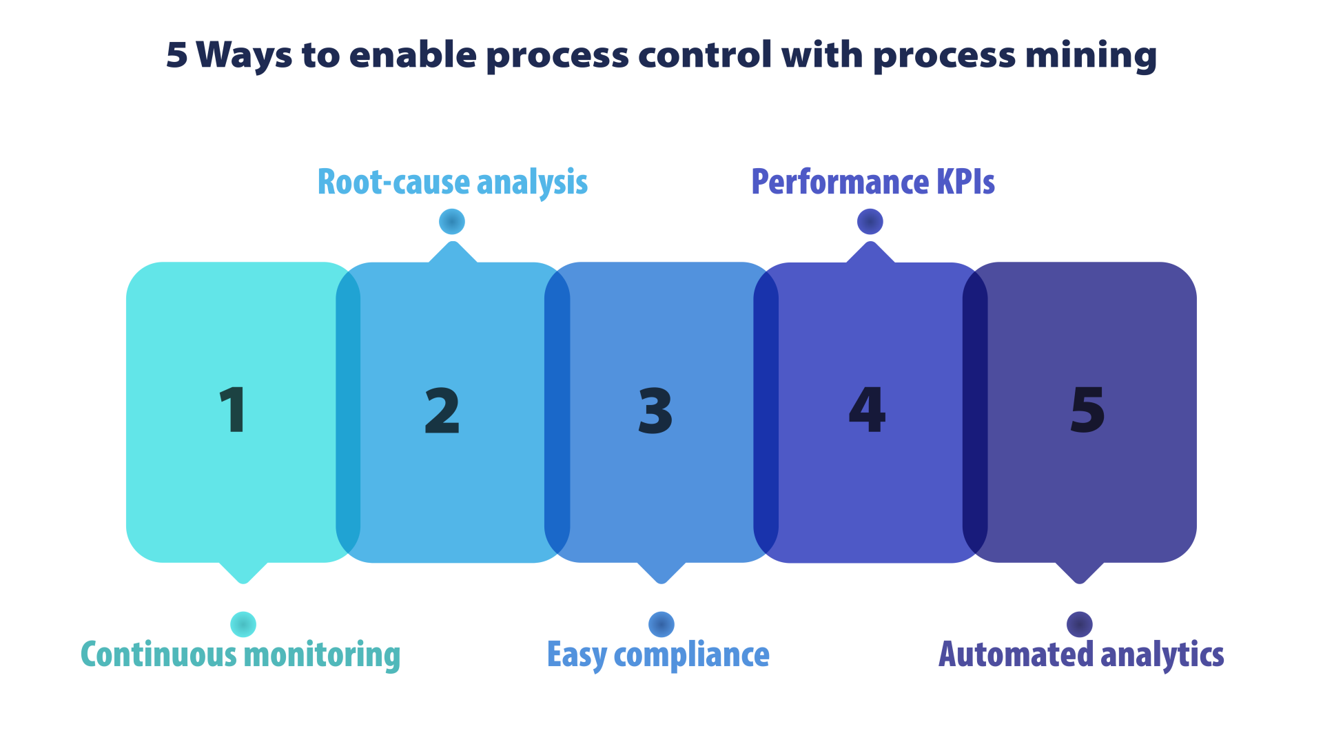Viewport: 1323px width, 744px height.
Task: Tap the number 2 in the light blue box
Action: click(442, 411)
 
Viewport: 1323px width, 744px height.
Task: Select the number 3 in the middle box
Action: click(655, 411)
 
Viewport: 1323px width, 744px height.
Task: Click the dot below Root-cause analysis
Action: click(452, 222)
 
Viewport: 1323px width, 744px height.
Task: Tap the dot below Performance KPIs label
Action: click(870, 222)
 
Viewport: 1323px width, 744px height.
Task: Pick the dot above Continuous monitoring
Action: click(243, 624)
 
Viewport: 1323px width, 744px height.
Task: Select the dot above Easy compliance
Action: click(661, 624)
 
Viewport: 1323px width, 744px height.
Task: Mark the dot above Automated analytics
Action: click(1079, 624)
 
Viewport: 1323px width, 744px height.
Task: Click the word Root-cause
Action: click(393, 183)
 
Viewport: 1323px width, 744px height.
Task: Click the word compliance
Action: click(691, 654)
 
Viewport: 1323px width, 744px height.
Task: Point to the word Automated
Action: click(1016, 654)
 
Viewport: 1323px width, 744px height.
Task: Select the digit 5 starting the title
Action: click(177, 55)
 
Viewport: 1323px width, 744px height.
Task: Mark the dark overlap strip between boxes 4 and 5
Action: click(974, 412)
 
